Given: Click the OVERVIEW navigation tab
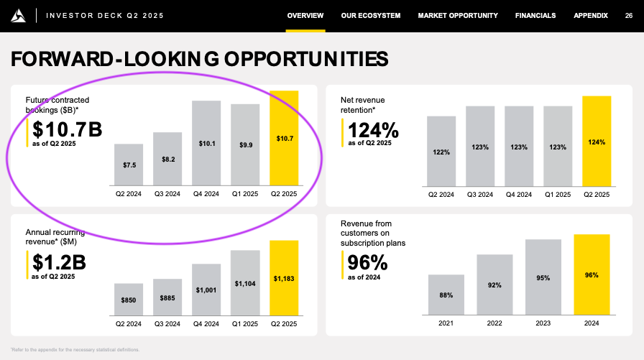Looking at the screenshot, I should [305, 16].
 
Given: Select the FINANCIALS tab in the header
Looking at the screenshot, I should [535, 16].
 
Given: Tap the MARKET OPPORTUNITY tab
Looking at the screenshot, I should [458, 16].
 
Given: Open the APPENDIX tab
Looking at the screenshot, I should [590, 16].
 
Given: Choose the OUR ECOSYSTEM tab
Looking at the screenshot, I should [371, 16].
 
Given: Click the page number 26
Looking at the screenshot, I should [629, 16].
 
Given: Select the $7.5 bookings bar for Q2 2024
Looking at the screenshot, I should [129, 165].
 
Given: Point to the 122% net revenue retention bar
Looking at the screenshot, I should [441, 152].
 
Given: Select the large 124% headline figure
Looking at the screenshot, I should [373, 130].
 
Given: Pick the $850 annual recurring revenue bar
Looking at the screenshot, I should [129, 300].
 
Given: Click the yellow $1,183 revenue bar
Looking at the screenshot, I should [284, 278].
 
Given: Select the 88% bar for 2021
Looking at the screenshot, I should [446, 295].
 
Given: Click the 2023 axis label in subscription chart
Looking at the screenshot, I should [543, 323].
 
